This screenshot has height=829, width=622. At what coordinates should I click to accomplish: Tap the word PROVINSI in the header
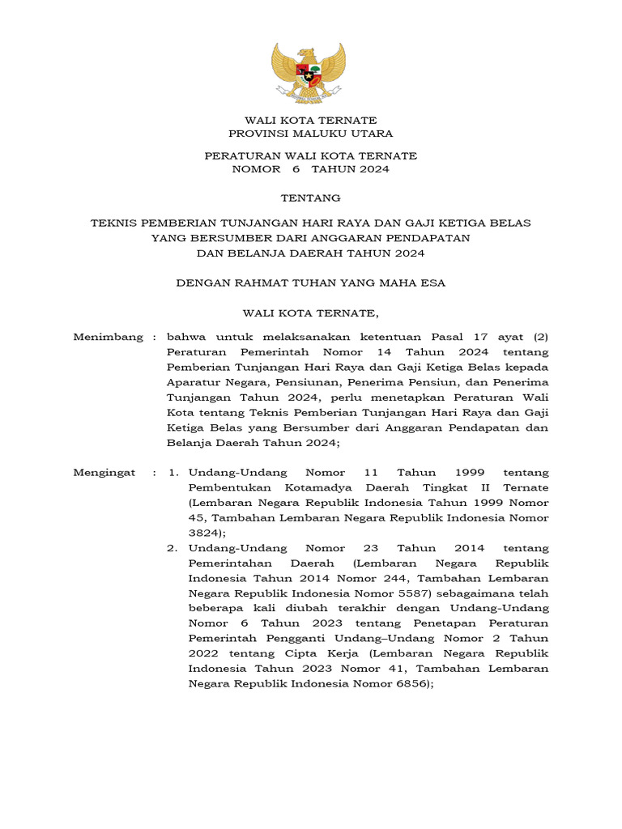coord(254,134)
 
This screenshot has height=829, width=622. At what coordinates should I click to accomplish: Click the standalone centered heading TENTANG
coord(310,198)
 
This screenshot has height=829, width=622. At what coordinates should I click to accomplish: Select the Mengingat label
coord(104,472)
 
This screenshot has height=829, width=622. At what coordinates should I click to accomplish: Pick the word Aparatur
coord(192,382)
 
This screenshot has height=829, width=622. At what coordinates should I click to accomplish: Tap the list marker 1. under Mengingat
coord(173,472)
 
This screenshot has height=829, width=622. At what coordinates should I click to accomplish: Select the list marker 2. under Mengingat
coord(173,548)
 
